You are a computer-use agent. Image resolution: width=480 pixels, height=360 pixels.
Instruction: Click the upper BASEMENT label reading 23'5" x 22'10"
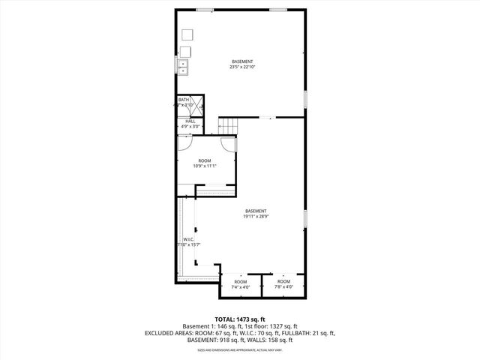point(241,64)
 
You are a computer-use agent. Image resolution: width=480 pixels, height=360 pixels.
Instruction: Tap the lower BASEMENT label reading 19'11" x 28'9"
point(256,214)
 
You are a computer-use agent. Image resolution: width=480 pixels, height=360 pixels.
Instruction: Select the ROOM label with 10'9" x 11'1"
point(205,163)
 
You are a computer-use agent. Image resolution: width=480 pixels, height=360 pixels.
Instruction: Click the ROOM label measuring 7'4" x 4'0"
point(240,283)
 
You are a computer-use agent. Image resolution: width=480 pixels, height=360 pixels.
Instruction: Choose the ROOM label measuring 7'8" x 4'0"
point(283,283)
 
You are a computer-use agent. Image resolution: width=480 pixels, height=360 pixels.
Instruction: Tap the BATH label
point(184,100)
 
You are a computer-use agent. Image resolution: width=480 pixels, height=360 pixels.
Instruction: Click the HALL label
point(190,123)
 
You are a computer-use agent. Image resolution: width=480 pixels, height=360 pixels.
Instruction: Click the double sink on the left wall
point(184,67)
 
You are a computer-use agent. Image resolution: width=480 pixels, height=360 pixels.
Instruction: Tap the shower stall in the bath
point(197,105)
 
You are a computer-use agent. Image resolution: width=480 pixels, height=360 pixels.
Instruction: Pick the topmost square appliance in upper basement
point(186,35)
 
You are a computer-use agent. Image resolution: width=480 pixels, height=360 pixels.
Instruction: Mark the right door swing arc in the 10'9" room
point(229,145)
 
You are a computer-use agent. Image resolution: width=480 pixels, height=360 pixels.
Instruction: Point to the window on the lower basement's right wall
point(305,217)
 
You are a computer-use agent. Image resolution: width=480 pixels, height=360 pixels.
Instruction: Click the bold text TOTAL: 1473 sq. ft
point(240,319)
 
